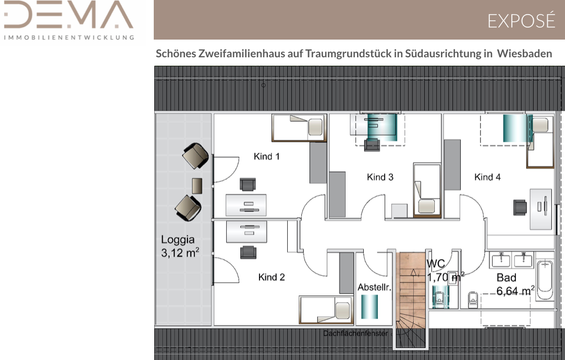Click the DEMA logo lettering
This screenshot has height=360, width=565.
click(68, 15)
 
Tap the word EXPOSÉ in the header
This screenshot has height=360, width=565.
click(521, 20)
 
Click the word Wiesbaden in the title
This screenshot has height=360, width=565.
click(525, 54)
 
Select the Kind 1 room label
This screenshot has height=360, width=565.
click(267, 156)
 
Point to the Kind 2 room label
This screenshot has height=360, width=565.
click(272, 277)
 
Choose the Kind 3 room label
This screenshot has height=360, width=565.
click(380, 177)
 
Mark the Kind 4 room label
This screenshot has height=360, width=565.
click(487, 177)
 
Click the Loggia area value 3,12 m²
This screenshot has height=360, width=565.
click(180, 253)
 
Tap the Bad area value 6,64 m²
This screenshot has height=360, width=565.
click(515, 291)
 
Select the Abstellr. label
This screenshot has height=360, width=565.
click(374, 287)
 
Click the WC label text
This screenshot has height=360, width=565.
click(436, 264)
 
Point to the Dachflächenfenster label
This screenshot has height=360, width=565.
click(355, 333)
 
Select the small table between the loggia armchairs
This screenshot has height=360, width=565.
click(197, 186)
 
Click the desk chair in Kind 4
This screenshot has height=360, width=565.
click(520, 207)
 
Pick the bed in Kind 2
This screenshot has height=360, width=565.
click(326, 310)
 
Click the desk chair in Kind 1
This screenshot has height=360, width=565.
click(248, 184)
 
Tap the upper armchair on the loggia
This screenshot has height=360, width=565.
click(195, 156)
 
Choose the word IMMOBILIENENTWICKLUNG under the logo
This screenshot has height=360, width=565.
click(69, 38)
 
